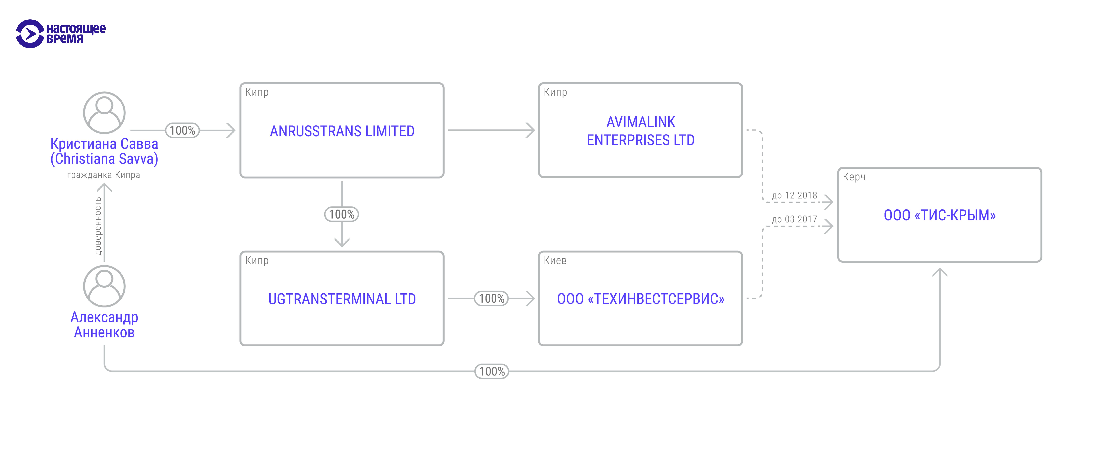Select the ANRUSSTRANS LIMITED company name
pos(342,131)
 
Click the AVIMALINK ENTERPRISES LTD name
pos(640,131)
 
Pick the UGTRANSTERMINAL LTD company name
pos(342,299)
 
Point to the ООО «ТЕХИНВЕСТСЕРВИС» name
pos(640,299)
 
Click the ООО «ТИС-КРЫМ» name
pos(939,215)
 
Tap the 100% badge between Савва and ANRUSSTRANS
pos(182,130)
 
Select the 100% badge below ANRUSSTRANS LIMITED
pos(342,214)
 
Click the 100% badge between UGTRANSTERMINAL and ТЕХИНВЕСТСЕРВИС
pos(491,298)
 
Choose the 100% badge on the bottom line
pos(492,371)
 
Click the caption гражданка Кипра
pos(104,175)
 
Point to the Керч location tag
pos(854,177)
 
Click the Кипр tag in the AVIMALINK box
pos(555,92)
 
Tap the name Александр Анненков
pos(104,325)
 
